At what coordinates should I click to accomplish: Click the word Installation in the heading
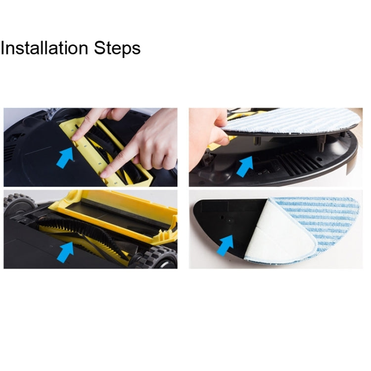click(44, 48)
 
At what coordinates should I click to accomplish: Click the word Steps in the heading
click(117, 48)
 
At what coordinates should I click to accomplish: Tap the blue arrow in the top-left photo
click(65, 158)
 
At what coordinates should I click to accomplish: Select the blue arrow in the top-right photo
click(245, 167)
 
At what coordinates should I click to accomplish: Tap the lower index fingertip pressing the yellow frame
click(104, 175)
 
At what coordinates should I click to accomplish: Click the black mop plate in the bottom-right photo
click(227, 225)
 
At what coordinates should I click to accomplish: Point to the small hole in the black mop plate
click(222, 217)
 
